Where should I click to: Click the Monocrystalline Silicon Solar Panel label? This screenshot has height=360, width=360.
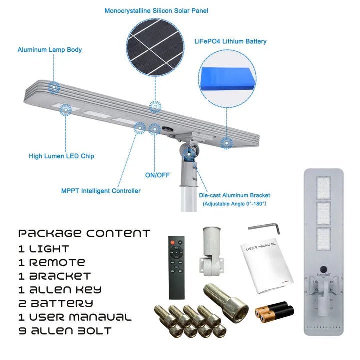(x=156, y=10)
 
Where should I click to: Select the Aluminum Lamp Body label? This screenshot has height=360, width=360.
(x=50, y=50)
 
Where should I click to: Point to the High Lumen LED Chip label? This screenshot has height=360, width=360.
(x=61, y=156)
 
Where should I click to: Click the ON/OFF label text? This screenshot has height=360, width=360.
(x=157, y=175)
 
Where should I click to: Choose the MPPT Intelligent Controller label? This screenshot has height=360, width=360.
(x=101, y=191)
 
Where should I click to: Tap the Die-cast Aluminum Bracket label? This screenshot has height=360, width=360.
(x=234, y=195)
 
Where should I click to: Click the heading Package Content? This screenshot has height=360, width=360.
(x=84, y=233)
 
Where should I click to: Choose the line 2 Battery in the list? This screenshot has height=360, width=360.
(x=56, y=303)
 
